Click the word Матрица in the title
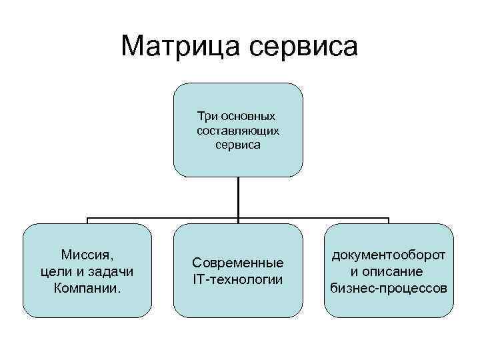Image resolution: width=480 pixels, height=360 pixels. coord(181,46)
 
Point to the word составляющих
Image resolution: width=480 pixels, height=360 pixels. coord(238,130)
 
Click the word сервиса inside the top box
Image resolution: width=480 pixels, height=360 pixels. coord(238,144)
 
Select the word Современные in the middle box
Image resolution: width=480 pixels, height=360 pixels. coord(238,263)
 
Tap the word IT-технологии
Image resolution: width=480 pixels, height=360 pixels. coord(238,279)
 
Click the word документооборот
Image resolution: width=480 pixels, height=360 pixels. coord(389,255)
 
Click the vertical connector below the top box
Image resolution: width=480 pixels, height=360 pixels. coord(238,197)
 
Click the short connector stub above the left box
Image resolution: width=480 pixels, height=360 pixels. coord(87,221)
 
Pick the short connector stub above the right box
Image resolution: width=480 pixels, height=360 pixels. coord(389,221)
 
